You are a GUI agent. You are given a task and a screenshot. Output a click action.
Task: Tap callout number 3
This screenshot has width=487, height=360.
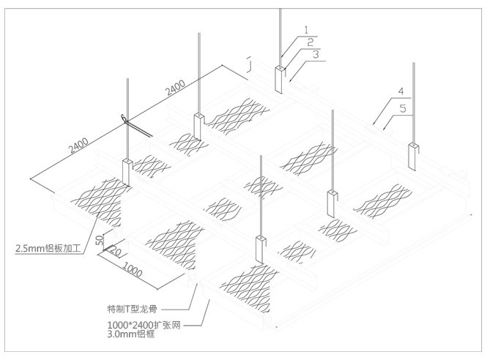314,53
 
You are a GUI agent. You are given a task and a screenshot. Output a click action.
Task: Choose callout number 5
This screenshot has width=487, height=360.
404,107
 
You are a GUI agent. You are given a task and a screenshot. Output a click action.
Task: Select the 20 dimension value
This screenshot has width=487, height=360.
114,253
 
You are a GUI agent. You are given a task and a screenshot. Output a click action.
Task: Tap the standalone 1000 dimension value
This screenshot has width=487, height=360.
133,269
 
